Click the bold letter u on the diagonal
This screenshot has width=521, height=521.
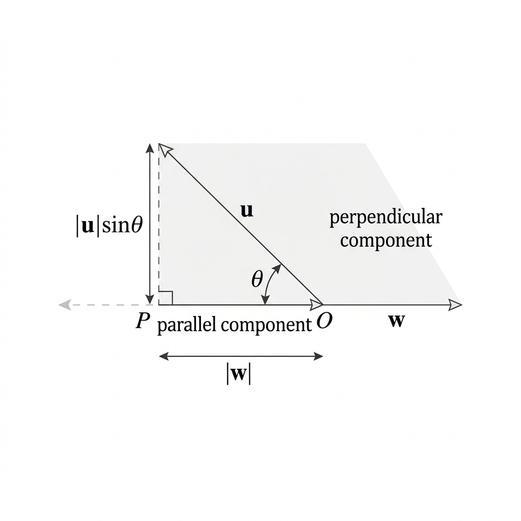point(247,211)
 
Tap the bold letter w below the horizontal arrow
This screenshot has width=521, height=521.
point(397,321)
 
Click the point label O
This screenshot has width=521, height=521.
point(324,321)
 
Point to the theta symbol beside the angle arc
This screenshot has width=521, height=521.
point(257,279)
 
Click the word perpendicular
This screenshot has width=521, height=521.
point(386,218)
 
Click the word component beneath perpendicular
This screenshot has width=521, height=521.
point(386,241)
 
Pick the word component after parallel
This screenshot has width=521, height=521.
point(266,325)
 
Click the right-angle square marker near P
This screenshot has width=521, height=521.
point(166,298)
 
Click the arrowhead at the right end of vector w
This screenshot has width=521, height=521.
point(455,305)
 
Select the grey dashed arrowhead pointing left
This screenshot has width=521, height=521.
point(65,305)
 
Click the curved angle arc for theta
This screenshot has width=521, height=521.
point(269,283)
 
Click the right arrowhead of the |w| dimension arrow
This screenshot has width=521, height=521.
point(319,357)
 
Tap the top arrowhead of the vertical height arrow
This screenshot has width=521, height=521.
point(150,149)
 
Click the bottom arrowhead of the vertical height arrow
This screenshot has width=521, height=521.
point(150,299)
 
